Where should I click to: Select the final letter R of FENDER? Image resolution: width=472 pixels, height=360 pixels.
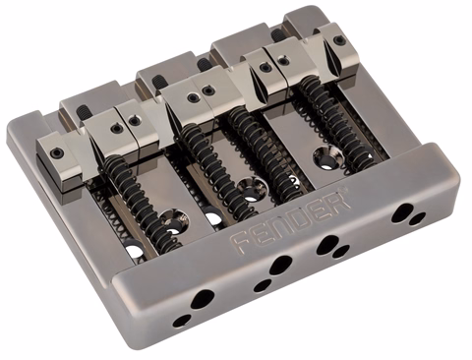point(340,200)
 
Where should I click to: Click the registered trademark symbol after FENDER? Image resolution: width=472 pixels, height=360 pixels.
point(343,189)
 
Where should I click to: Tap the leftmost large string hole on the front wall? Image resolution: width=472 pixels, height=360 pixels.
point(202,298)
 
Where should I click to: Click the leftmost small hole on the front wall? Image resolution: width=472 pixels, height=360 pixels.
point(182,321)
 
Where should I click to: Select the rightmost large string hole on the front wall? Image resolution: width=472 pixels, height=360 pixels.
point(402,212)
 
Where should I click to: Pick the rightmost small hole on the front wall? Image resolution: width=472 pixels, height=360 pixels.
point(418,218)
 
